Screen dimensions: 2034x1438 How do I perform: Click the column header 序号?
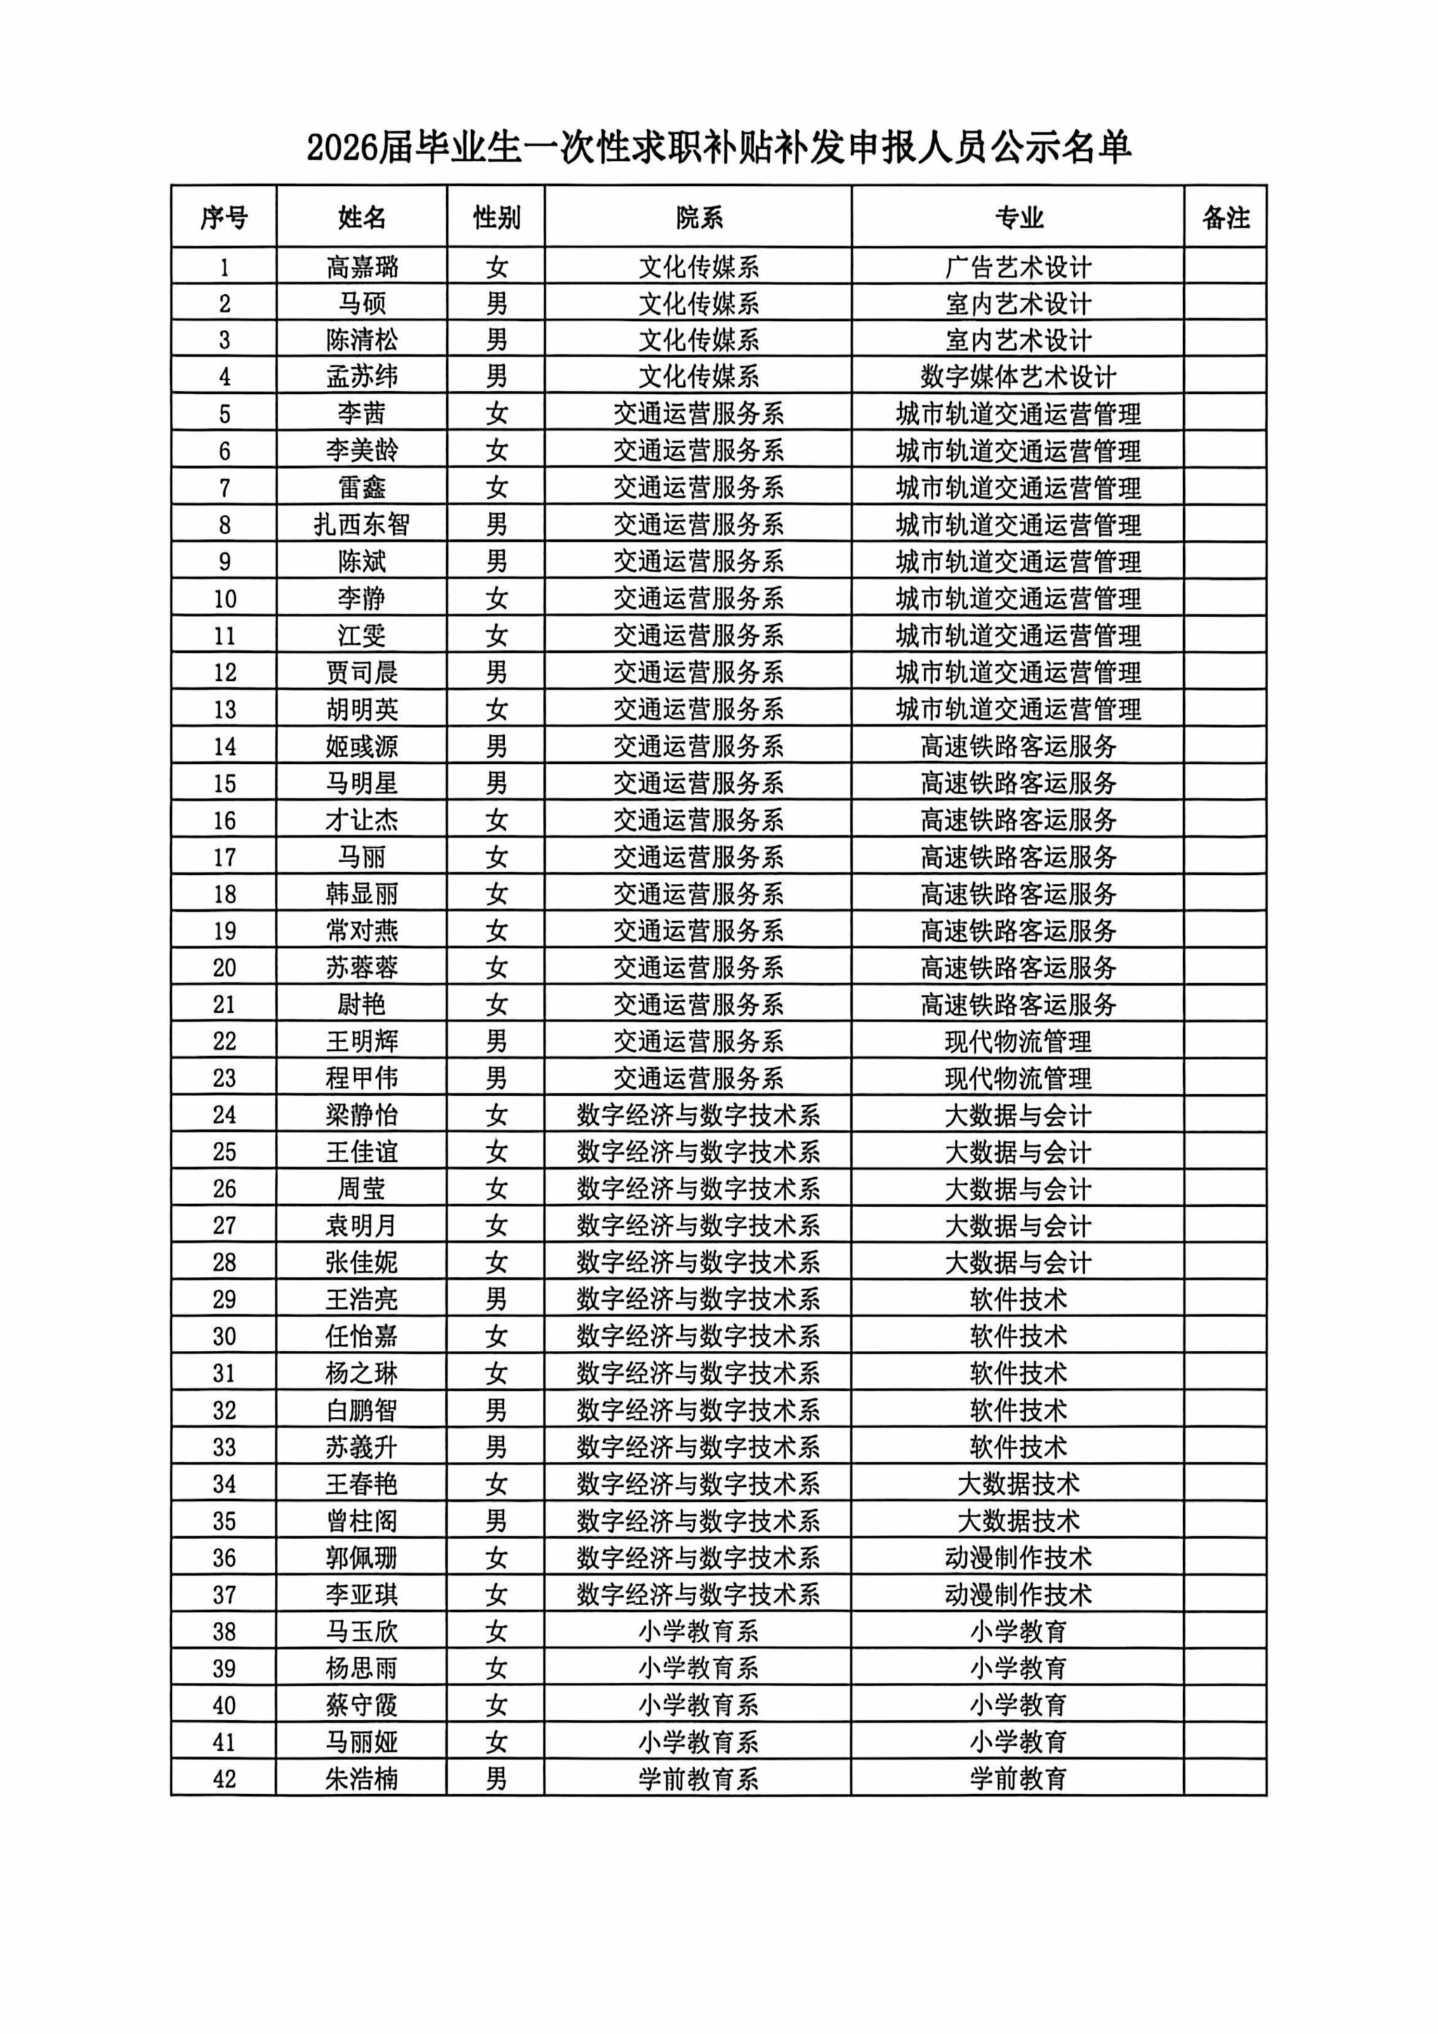pyautogui.click(x=223, y=217)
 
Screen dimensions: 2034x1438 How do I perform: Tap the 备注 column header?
pyautogui.click(x=1225, y=217)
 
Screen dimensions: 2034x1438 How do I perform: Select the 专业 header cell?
pyautogui.click(x=1018, y=217)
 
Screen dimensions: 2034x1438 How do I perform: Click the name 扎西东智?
pyautogui.click(x=362, y=525)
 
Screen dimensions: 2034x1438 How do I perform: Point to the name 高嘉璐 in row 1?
pyautogui.click(x=362, y=267)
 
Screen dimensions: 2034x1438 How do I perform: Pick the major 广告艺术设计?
pyautogui.click(x=1018, y=267)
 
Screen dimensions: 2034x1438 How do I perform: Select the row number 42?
pyautogui.click(x=224, y=1779)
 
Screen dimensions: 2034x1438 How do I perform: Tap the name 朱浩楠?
pyautogui.click(x=362, y=1779)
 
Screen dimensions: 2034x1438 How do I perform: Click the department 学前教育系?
pyautogui.click(x=698, y=1779)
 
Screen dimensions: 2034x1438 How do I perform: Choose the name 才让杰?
pyautogui.click(x=362, y=820)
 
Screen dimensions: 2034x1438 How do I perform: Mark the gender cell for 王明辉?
pyautogui.click(x=496, y=1041)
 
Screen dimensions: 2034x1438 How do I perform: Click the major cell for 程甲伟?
pyautogui.click(x=1018, y=1078)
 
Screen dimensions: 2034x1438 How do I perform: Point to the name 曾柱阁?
pyautogui.click(x=362, y=1521)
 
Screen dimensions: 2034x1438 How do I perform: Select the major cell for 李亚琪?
pyautogui.click(x=1018, y=1594)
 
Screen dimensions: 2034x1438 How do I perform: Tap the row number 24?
pyautogui.click(x=224, y=1114)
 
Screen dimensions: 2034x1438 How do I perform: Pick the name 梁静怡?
pyautogui.click(x=362, y=1114)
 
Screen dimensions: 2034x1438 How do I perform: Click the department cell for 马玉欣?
pyautogui.click(x=698, y=1632)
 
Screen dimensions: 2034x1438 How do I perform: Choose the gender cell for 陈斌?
pyautogui.click(x=496, y=562)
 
